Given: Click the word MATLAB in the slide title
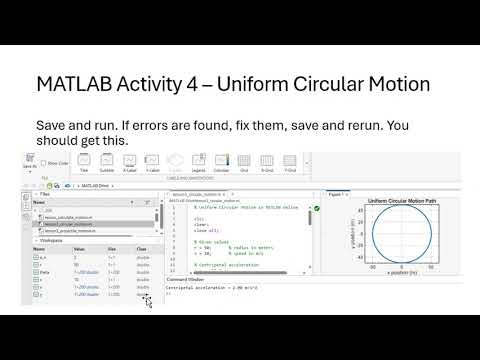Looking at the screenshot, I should point(74,84).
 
